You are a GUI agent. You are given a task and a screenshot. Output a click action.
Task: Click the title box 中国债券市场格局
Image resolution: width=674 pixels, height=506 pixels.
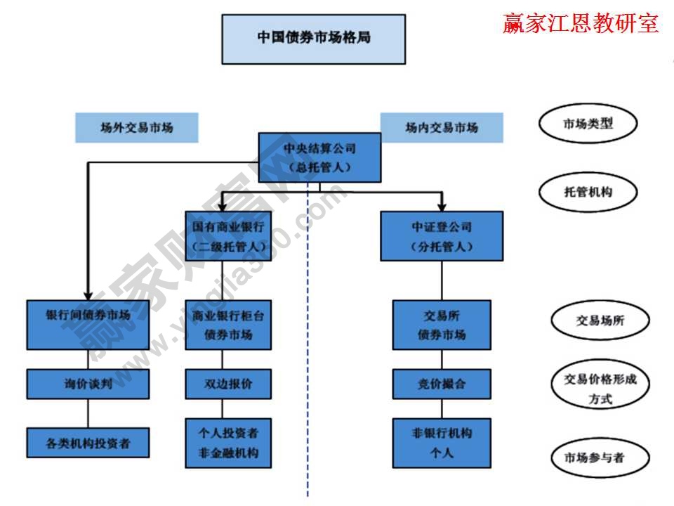pyautogui.click(x=313, y=39)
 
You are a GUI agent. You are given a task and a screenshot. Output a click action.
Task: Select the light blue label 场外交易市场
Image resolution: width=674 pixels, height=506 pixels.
pyautogui.click(x=137, y=128)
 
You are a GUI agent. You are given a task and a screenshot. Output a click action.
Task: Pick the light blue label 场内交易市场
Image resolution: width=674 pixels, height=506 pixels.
pyautogui.click(x=442, y=128)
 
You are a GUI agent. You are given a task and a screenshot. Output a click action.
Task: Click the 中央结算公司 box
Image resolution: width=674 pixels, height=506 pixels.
pyautogui.click(x=319, y=158)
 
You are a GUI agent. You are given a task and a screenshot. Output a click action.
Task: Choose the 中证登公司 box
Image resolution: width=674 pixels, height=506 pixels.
pyautogui.click(x=442, y=236)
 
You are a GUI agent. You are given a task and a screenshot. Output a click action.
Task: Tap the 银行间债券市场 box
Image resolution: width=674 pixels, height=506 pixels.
pyautogui.click(x=88, y=325)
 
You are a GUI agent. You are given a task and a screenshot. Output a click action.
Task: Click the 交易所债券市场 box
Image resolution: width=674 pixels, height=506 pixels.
pyautogui.click(x=442, y=325)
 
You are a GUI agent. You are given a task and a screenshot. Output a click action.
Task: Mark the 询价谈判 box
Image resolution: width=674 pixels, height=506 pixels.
pyautogui.click(x=88, y=384)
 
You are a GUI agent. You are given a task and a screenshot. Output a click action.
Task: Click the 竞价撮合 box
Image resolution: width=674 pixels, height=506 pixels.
pyautogui.click(x=442, y=384)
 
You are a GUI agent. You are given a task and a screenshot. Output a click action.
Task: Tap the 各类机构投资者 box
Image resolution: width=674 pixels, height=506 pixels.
pyautogui.click(x=88, y=443)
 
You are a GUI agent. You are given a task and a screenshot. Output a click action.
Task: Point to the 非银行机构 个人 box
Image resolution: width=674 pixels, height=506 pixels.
pyautogui.click(x=442, y=443)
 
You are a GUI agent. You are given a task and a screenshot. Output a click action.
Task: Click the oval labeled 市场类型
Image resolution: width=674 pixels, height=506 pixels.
pyautogui.click(x=588, y=124)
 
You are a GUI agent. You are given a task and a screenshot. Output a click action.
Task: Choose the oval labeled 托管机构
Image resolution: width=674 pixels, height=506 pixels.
pyautogui.click(x=588, y=191)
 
